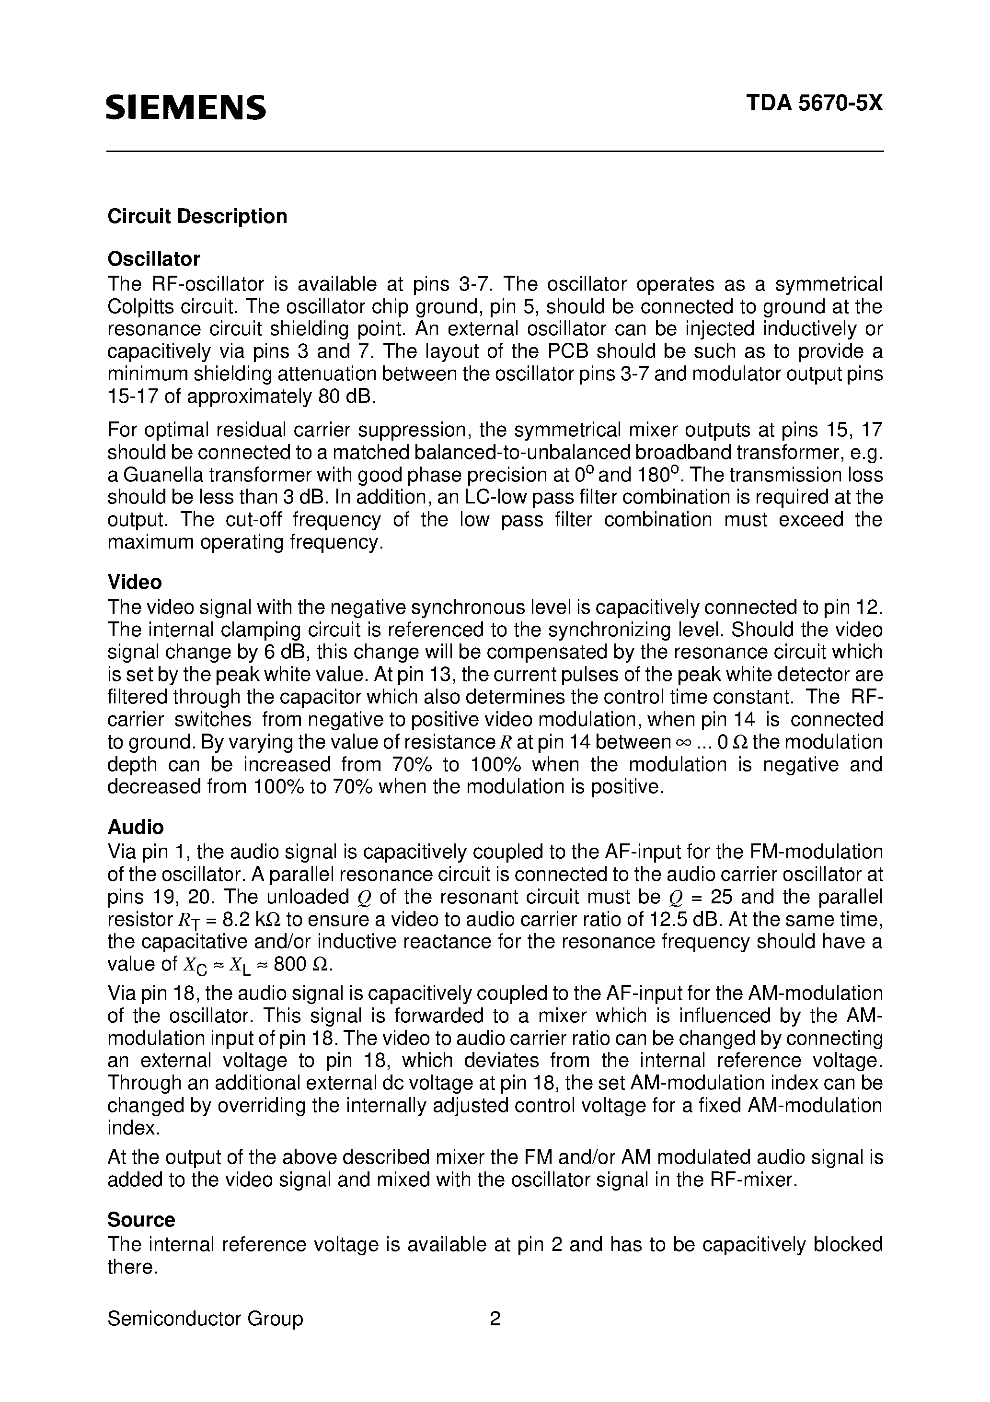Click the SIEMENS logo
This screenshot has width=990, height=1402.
pos(186,107)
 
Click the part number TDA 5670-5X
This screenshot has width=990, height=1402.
pos(814,103)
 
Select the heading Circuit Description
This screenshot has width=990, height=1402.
pos(197,216)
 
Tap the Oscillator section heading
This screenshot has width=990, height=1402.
pos(154,259)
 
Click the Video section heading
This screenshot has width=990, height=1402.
pos(134,582)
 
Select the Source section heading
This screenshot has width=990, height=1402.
pos(141,1219)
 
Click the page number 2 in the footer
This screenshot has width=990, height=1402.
pos(495,1319)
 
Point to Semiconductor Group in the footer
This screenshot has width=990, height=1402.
pos(205,1319)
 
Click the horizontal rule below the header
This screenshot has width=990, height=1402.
pos(495,152)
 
